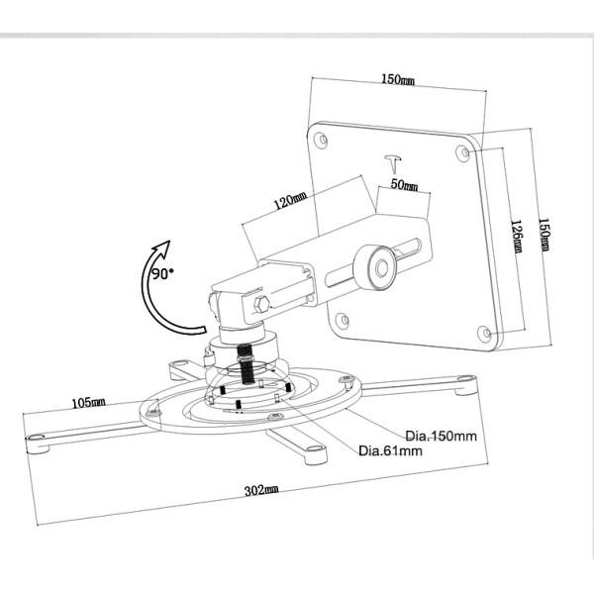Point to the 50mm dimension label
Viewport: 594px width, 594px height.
403,184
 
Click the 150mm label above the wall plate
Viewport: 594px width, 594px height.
399,78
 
